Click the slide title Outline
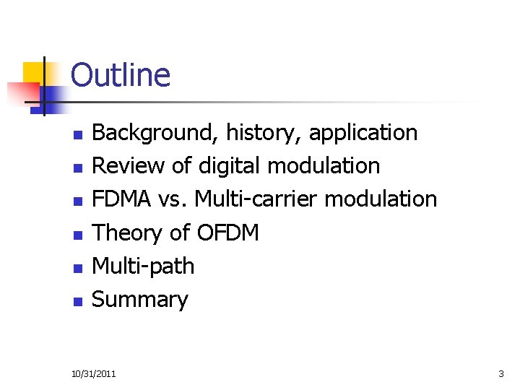pos(121,76)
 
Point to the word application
pos(364,133)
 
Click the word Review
pos(128,166)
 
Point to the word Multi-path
pos(144,266)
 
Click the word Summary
pos(140,299)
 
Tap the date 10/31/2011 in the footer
pos(93,373)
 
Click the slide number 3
pos(501,373)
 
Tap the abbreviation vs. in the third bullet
pos(174,199)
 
